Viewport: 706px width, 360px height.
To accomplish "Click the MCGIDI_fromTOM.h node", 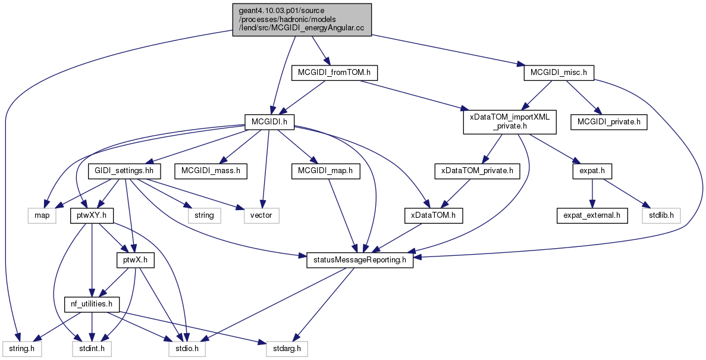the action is tap(334, 73).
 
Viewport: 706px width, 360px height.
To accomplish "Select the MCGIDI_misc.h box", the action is tap(558, 73).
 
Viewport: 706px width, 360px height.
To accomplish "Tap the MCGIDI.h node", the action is tap(269, 121).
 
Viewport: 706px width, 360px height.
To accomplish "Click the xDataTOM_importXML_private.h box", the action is tap(510, 121).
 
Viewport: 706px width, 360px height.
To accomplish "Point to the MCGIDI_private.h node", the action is tap(608, 122).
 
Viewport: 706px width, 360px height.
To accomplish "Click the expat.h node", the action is tap(592, 171).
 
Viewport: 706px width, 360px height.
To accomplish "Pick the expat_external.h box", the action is tap(592, 215).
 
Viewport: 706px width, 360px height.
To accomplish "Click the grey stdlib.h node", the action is tap(661, 215).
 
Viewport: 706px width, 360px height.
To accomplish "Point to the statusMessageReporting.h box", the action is tap(360, 261).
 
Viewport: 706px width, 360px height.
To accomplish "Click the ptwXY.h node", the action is tap(92, 215).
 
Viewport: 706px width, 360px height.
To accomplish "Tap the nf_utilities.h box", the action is tap(92, 304).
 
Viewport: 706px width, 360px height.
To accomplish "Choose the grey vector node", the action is tap(262, 215).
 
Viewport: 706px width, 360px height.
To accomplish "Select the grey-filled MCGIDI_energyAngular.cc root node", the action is tap(302, 20).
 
